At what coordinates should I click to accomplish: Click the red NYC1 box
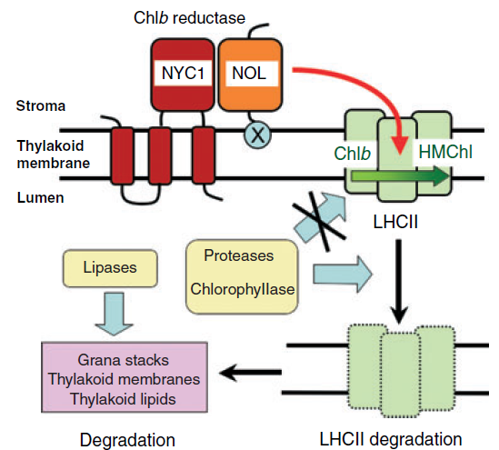tap(183, 75)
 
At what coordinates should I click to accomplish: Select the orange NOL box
tap(250, 75)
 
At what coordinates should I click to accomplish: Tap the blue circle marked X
tap(258, 135)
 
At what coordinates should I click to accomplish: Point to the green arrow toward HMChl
tap(400, 176)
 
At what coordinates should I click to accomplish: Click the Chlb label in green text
tap(353, 154)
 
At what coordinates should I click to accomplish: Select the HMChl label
tap(444, 152)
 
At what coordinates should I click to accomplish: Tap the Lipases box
tap(110, 268)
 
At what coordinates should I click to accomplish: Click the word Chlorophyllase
tap(243, 289)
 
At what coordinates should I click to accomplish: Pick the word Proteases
tap(239, 255)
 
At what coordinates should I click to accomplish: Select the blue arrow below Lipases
tap(114, 313)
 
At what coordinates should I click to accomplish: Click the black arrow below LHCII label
tap(398, 282)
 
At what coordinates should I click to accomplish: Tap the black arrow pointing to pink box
tap(251, 372)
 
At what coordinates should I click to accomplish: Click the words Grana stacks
tap(123, 360)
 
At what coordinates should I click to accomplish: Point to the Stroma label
tap(41, 106)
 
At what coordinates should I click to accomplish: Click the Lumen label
tap(40, 197)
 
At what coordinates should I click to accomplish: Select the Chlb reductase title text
tap(189, 18)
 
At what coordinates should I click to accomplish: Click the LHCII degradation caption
tap(391, 439)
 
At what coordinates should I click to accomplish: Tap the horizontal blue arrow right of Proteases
tap(343, 274)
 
